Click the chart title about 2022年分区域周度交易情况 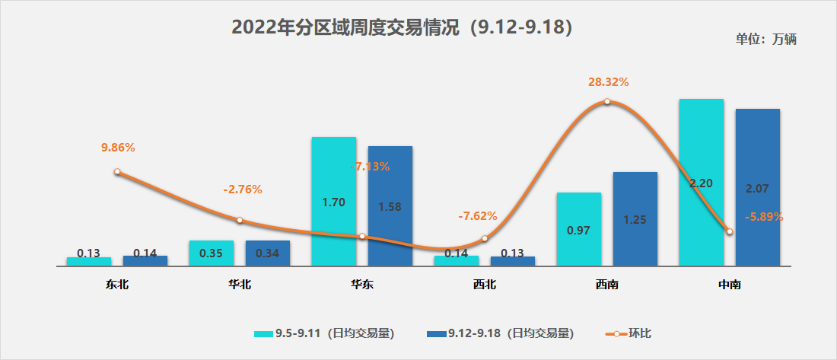(x=402, y=27)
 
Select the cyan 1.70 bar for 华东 (x=333, y=202)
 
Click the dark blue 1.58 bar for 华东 (x=390, y=206)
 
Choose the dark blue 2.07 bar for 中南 (x=757, y=187)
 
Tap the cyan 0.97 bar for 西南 (x=578, y=229)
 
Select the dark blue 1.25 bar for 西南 (x=635, y=219)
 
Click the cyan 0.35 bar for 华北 (x=211, y=253)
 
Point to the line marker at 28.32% (x=607, y=102)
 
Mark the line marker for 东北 (x=117, y=172)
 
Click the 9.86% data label (x=118, y=147)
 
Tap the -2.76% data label (x=243, y=190)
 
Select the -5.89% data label (x=762, y=216)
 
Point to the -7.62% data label (x=478, y=216)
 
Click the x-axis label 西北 (x=484, y=285)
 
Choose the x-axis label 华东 (x=361, y=285)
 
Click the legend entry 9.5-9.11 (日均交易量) (x=324, y=333)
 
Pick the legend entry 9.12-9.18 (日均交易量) (x=500, y=333)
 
